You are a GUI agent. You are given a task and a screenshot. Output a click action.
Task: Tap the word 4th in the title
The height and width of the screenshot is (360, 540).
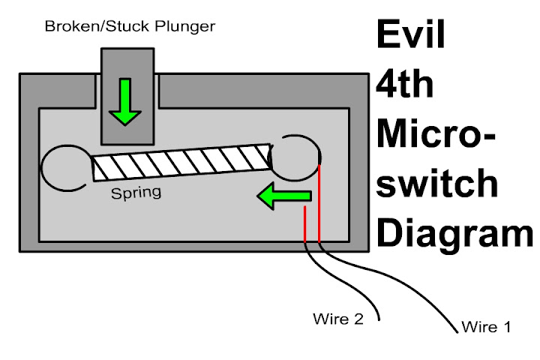point(406,86)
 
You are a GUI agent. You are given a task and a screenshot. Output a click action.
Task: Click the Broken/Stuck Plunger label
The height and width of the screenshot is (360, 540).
point(130,27)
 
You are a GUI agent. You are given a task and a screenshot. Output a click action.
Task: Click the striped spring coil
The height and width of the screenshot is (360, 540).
point(180,161)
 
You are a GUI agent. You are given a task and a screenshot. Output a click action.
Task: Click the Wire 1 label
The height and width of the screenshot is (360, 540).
point(485,327)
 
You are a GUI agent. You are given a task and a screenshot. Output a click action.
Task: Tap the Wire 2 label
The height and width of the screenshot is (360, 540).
point(338,319)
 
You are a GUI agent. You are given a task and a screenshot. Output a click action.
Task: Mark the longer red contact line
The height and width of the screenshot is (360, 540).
point(319,202)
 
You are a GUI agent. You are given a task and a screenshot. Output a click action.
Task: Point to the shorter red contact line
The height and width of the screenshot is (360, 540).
point(304,225)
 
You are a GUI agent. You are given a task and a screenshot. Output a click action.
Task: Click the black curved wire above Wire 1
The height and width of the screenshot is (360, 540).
point(390,289)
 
